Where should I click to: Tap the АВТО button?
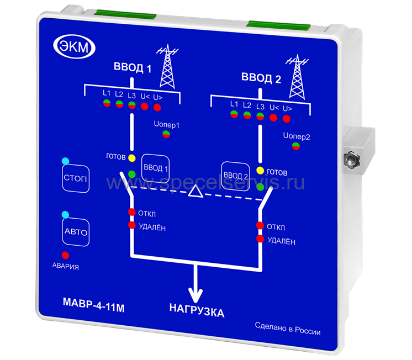point(76,232)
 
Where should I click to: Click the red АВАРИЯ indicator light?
point(65,255)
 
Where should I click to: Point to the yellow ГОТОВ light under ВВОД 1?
point(131,158)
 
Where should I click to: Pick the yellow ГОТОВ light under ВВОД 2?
point(260,170)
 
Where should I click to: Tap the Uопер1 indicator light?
point(166,134)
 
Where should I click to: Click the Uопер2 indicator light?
point(296,146)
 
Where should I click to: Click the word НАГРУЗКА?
point(197,313)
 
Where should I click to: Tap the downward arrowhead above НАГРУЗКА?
point(194,291)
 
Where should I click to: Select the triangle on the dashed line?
point(194,191)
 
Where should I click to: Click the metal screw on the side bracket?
point(350,160)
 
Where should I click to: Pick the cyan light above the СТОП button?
point(66,161)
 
